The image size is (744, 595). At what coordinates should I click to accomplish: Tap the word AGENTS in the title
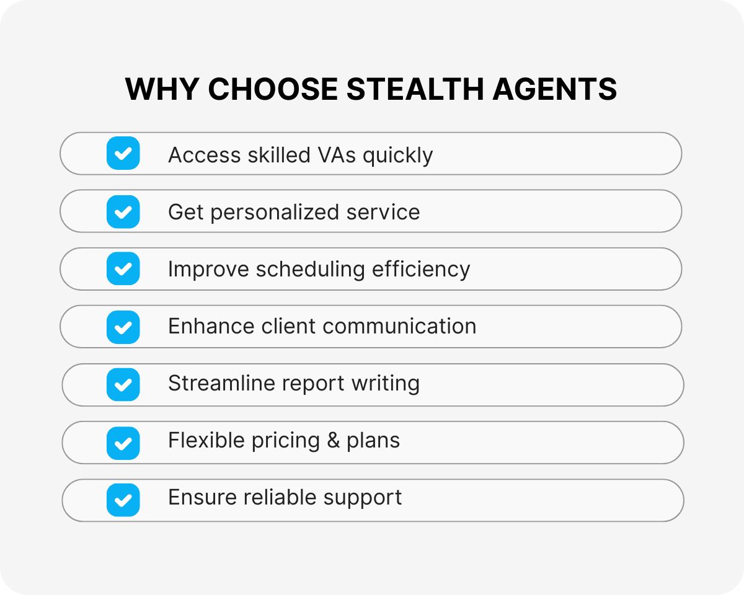coord(554,89)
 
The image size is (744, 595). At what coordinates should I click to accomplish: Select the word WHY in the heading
coord(162,89)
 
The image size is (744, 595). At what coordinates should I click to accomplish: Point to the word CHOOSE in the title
coord(273,89)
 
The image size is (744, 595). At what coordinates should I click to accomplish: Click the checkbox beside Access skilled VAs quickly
coord(123,153)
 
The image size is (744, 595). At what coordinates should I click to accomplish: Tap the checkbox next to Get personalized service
coord(123,211)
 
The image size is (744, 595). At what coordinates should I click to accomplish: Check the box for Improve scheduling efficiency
coord(123,268)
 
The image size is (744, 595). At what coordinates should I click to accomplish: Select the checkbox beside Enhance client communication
coord(123,327)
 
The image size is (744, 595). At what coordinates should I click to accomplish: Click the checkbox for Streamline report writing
coord(123,384)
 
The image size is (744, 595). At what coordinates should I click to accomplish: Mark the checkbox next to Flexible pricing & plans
coord(123,443)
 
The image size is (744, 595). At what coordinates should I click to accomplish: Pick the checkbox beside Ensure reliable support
coord(123,500)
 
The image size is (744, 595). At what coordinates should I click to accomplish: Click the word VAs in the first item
coord(337,155)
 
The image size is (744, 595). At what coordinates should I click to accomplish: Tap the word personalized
coord(275,213)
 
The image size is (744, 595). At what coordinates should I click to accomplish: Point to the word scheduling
coord(311,270)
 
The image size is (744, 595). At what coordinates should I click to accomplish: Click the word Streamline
coord(221,383)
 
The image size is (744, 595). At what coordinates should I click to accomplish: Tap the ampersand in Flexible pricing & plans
coord(334,441)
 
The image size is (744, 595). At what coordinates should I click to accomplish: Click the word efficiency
coord(421,270)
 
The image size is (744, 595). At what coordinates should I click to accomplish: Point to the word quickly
coord(397,156)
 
